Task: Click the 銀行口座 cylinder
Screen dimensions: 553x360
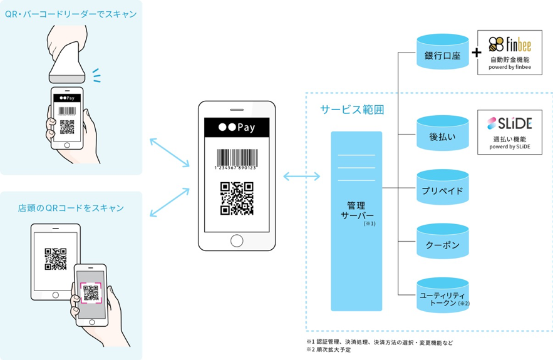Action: click(x=443, y=51)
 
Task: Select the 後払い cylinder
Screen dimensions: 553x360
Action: click(x=443, y=133)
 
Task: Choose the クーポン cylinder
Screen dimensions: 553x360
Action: click(x=443, y=241)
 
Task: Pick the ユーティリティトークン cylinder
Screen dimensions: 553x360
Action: click(x=443, y=295)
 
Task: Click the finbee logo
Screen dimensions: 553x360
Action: click(x=510, y=44)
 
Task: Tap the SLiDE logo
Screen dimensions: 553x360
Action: click(x=510, y=123)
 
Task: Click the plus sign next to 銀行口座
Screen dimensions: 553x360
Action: click(x=477, y=53)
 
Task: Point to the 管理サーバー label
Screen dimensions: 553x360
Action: click(x=357, y=210)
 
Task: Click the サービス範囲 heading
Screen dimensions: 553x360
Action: click(x=352, y=110)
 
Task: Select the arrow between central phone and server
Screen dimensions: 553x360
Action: click(x=302, y=176)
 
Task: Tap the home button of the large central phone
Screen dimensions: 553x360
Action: click(x=237, y=241)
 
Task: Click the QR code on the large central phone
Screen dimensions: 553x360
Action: click(x=237, y=198)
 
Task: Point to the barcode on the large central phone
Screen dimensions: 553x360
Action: click(x=237, y=159)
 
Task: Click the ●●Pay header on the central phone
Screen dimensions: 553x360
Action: click(x=237, y=127)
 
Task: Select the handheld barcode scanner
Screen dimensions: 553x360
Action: click(x=67, y=54)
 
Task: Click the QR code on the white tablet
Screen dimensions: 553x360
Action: click(x=56, y=259)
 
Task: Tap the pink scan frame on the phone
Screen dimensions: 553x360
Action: click(x=91, y=292)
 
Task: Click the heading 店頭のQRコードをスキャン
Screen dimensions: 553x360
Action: click(x=71, y=208)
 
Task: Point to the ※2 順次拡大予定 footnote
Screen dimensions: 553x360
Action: click(x=329, y=350)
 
